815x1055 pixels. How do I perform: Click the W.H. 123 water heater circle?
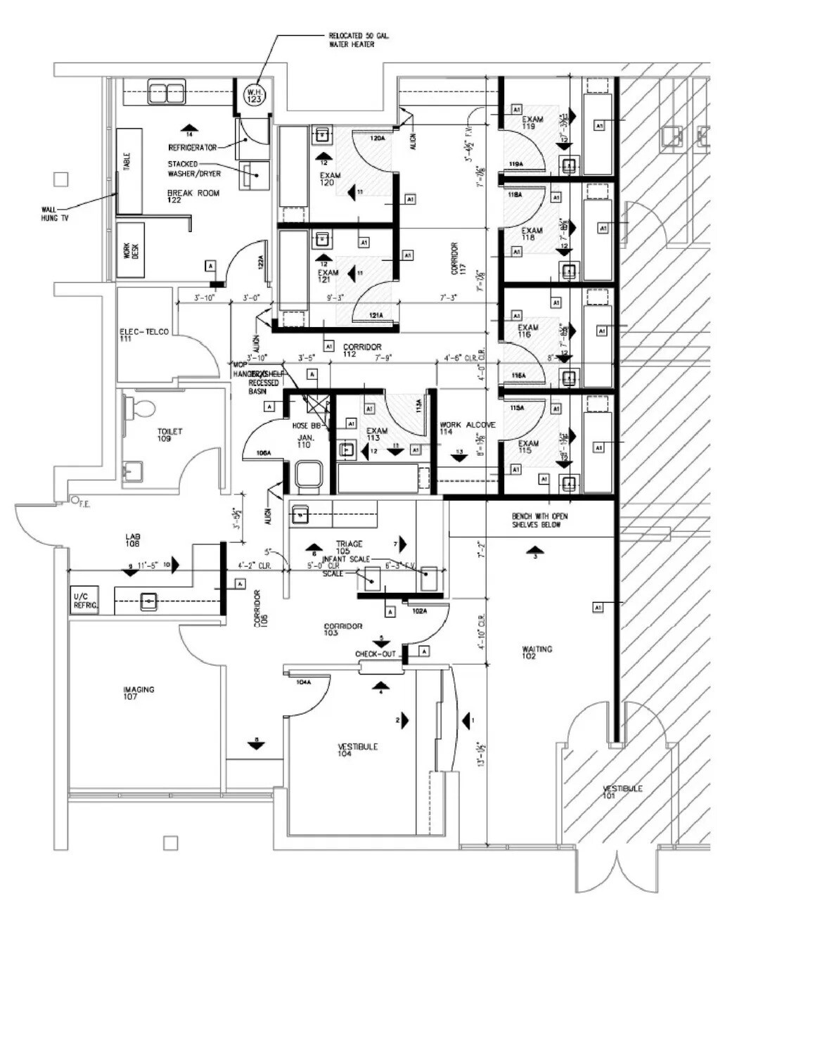pos(254,96)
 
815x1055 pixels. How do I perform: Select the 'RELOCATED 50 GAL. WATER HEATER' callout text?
pos(359,40)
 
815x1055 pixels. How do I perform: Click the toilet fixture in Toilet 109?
pos(141,407)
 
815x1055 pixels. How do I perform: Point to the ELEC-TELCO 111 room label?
pos(143,335)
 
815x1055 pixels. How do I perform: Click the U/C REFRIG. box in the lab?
pos(85,601)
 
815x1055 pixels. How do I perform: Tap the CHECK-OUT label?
pos(375,654)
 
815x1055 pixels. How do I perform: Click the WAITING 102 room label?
pos(537,652)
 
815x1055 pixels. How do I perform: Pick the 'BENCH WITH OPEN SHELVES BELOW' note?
pos(539,520)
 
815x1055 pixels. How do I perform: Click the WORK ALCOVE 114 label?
pos(466,428)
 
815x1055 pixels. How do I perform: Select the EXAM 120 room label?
pos(329,179)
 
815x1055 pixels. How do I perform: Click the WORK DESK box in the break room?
pos(131,250)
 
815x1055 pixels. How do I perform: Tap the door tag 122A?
pos(260,263)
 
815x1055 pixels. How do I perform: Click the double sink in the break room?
pos(166,92)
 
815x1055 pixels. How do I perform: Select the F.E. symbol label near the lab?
pos(83,504)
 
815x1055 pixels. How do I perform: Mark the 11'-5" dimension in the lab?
pos(148,564)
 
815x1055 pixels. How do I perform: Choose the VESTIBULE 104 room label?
pos(357,750)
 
